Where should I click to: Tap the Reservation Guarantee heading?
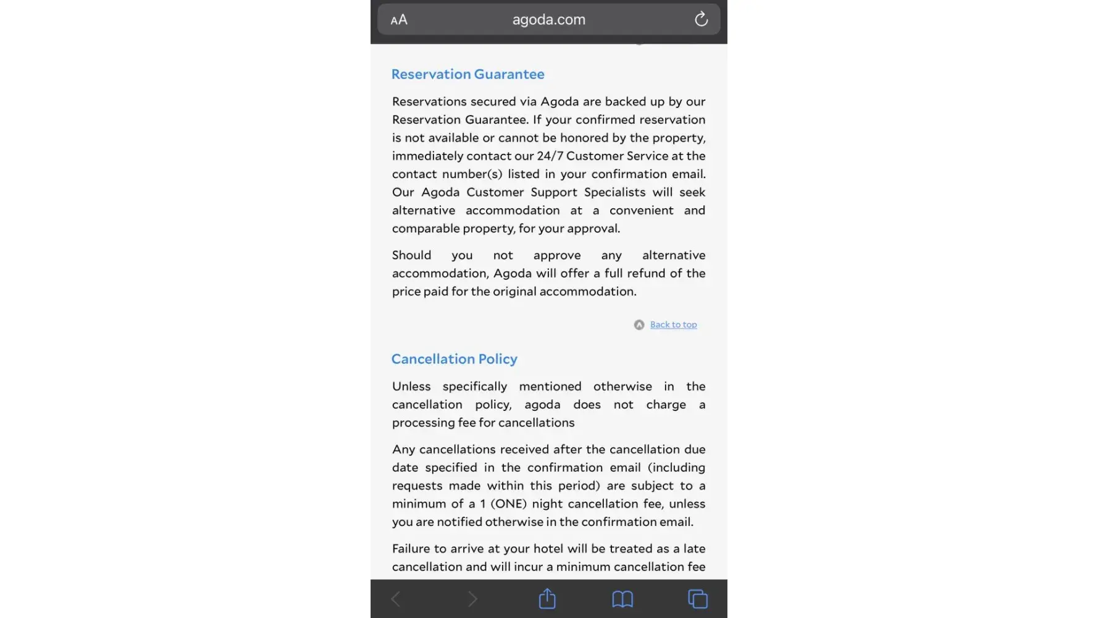click(467, 74)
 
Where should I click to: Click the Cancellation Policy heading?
click(454, 359)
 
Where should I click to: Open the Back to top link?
click(673, 324)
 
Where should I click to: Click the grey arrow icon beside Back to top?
click(639, 325)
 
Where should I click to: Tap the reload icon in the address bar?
click(701, 19)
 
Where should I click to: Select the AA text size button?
click(399, 20)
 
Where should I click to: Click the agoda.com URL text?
click(548, 20)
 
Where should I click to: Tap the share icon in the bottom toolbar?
click(547, 599)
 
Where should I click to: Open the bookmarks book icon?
click(622, 599)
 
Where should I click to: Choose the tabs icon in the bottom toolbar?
click(698, 599)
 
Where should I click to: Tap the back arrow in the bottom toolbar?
click(396, 599)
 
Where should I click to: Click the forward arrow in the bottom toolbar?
click(472, 599)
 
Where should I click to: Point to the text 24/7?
click(550, 156)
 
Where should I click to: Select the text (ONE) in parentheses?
click(508, 504)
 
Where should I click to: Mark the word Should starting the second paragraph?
click(411, 255)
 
